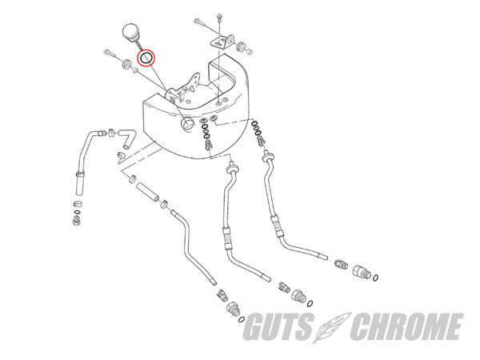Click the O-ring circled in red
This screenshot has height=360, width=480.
pos(146,58)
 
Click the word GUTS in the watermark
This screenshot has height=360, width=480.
pos(278,326)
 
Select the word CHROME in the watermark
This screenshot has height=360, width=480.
pos(407,326)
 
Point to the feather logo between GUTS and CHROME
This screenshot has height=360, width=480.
pos(332,327)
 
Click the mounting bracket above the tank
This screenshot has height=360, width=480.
pos(222,42)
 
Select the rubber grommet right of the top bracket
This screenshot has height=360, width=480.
pos(242,46)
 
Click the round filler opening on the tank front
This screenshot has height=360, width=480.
pos(186,124)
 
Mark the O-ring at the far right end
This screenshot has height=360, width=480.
pos(375,278)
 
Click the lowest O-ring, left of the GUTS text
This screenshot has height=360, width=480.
pos(241,319)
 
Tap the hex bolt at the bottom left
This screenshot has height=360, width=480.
pos(77,220)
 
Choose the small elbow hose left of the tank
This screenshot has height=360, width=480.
pos(126,137)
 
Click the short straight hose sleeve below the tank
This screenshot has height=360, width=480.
pos(147,192)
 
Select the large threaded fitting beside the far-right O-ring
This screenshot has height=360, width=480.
pos(362,271)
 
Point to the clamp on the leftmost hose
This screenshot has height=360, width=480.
pos(80,175)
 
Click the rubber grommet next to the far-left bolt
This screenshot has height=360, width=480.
pos(126,64)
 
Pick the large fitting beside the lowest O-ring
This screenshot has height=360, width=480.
pos(234,310)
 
